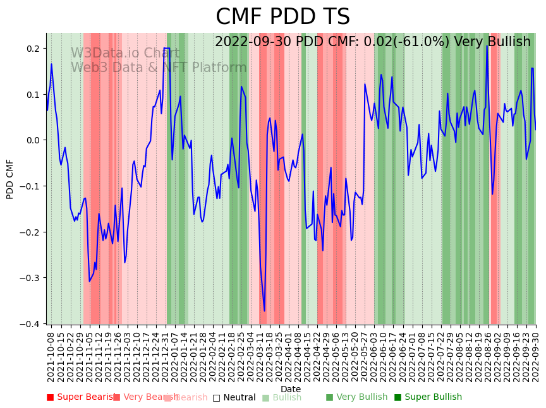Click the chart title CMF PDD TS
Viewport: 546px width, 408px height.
[282, 17]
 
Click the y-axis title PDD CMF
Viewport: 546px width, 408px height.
[10, 179]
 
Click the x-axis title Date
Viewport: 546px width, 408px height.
[291, 389]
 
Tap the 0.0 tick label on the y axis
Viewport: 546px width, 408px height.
[33, 140]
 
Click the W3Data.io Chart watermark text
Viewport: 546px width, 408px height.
[124, 54]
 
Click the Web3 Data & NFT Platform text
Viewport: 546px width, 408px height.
[158, 68]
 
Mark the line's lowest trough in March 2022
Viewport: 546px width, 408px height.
[265, 311]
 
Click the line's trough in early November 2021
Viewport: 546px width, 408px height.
[90, 282]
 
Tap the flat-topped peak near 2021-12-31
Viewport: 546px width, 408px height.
[167, 48]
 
